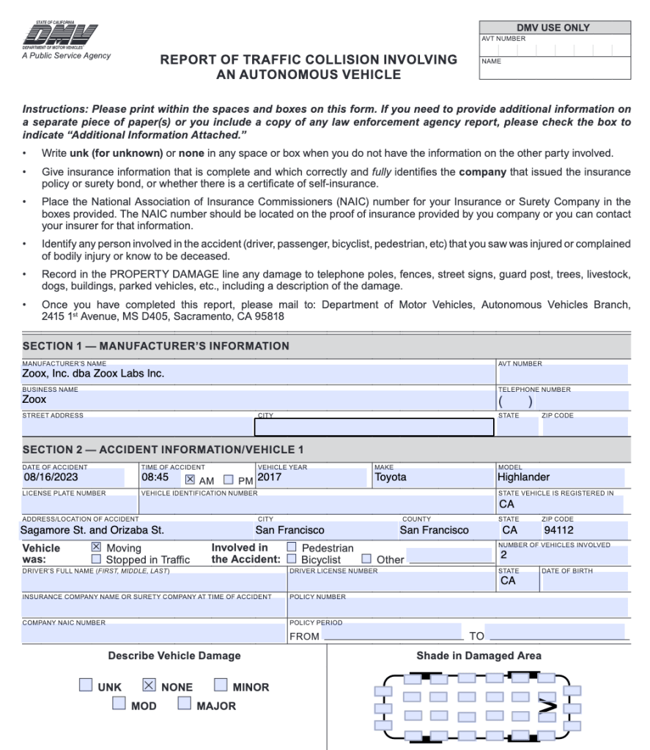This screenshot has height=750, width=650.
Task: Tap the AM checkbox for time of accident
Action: [x=190, y=480]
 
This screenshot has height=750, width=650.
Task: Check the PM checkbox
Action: [x=228, y=480]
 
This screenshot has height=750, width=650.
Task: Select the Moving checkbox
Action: [x=96, y=547]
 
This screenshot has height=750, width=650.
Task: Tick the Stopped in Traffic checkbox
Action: [x=96, y=560]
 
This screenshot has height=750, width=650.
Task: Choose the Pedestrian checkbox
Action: [x=292, y=547]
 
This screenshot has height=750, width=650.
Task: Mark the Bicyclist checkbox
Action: [x=292, y=560]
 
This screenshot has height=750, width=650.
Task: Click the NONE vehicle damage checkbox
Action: [x=149, y=686]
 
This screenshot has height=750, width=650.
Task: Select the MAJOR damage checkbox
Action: [x=184, y=705]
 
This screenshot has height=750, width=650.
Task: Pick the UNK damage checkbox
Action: [x=86, y=686]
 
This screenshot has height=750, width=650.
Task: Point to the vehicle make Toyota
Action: [x=391, y=478]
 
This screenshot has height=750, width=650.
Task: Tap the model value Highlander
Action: [x=523, y=478]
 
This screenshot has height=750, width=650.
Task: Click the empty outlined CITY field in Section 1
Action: [x=374, y=427]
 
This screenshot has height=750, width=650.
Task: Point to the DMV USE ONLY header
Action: [x=553, y=28]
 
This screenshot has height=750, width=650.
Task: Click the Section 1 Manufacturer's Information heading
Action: [x=156, y=346]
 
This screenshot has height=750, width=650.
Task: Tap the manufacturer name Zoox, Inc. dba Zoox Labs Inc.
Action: [x=93, y=374]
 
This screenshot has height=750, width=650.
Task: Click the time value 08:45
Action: [x=155, y=478]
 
